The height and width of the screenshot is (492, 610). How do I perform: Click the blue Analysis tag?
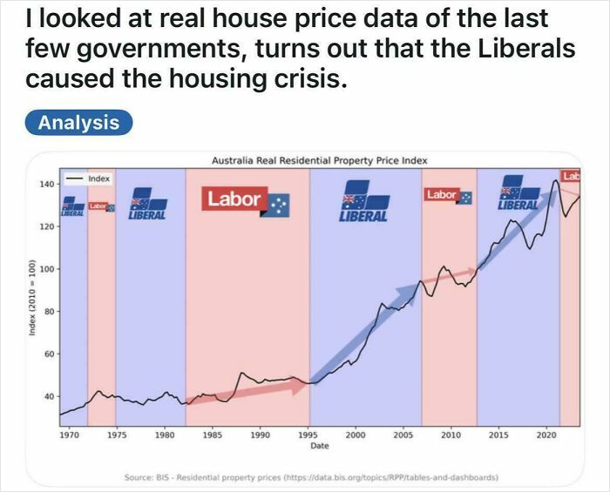pyautogui.click(x=78, y=122)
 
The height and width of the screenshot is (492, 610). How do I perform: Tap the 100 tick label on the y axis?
pyautogui.click(x=45, y=269)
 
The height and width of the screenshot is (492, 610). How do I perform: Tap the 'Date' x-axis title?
pyautogui.click(x=319, y=445)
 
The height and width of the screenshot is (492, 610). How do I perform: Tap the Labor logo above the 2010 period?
pyautogui.click(x=448, y=196)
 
